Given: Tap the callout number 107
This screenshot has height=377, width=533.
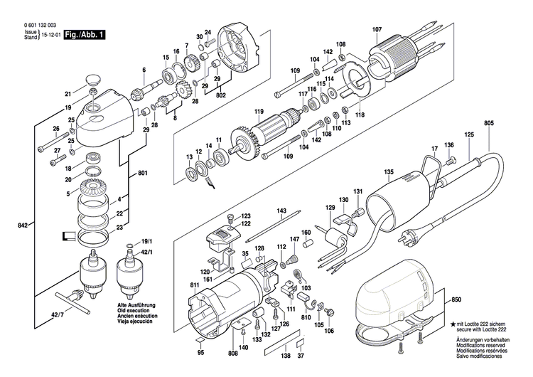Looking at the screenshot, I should coord(377,29).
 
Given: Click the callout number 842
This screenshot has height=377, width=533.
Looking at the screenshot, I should coord(24,225).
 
